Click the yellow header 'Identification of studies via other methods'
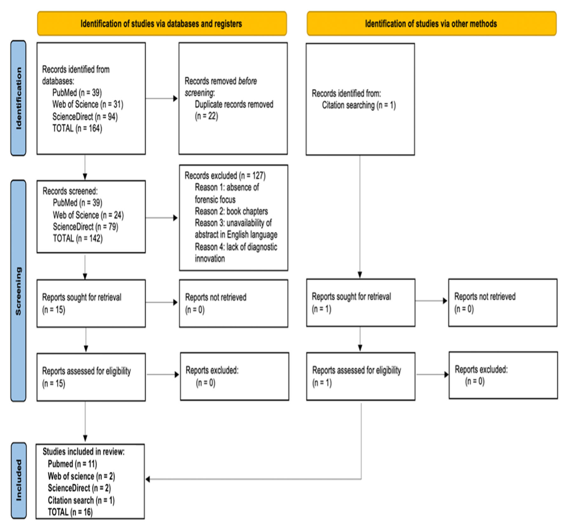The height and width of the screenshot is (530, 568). coord(431,24)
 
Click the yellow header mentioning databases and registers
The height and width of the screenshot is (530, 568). coord(162,24)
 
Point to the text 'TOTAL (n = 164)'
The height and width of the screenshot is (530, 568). coord(77,128)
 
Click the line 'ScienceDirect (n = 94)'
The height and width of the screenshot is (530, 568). coord(85,117)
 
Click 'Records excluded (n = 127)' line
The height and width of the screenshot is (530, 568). coord(225,175)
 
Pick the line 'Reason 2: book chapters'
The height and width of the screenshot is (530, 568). coord(231,211)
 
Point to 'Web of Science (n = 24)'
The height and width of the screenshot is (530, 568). coord(88,215)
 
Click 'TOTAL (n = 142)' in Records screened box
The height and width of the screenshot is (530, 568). coord(78,238)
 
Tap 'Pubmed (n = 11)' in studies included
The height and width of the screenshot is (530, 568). coord(72,464)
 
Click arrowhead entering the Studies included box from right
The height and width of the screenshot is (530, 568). coord(148,479)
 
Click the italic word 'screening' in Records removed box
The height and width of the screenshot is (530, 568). coord(199,93)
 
